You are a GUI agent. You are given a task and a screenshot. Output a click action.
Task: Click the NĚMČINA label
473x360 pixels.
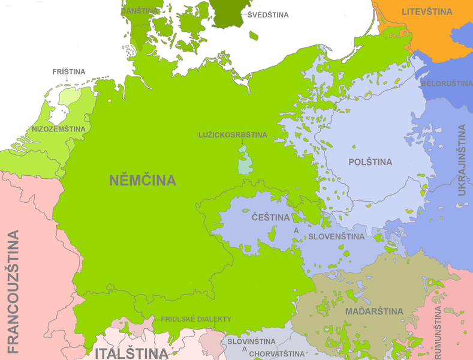coord(143,180)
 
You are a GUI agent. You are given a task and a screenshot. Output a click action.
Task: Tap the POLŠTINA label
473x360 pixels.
coord(370,162)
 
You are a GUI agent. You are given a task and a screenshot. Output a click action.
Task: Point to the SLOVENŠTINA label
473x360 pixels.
coord(336,236)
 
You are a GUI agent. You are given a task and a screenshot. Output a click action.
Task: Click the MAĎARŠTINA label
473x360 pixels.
coord(373,311)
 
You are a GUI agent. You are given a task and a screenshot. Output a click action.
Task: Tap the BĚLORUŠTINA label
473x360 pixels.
coord(447,83)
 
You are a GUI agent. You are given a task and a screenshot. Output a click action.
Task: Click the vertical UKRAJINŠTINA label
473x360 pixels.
coord(462,160)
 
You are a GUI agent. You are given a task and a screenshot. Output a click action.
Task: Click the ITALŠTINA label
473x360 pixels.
coord(130,353)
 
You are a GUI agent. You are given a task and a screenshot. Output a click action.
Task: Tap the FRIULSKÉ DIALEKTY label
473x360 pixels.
coord(195,320)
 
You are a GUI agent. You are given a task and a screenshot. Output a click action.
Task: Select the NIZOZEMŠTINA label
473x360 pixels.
coord(59,129)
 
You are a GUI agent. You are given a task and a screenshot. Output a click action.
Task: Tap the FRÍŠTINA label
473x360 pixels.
coord(69,72)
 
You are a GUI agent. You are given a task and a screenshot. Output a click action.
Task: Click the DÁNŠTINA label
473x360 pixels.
coord(140,11)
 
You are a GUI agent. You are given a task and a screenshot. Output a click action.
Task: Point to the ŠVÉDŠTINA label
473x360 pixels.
coord(268,14)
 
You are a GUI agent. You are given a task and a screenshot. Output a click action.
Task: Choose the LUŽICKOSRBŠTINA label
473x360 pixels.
coord(233,135)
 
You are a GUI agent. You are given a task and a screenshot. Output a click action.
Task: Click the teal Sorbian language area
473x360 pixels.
coord(245,161)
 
